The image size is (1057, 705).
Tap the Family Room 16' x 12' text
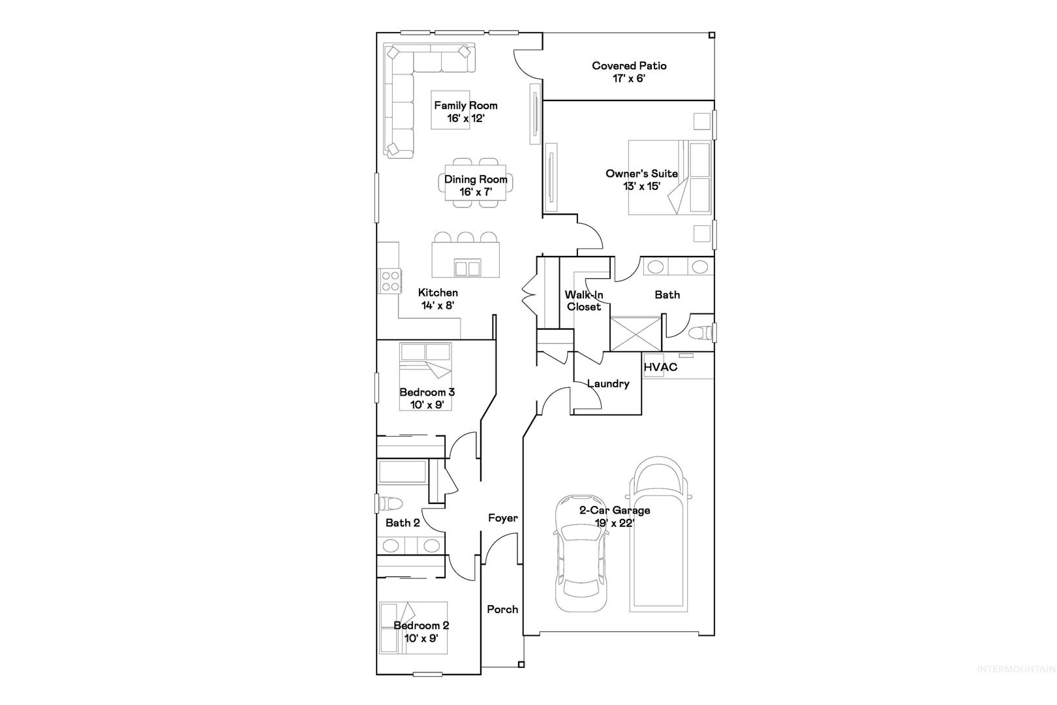pos(466,112)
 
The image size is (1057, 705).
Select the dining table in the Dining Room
pos(475,183)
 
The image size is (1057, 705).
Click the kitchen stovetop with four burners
pos(390,281)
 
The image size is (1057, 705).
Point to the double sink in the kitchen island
pos(467,268)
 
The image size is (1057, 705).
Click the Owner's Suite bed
pos(669,178)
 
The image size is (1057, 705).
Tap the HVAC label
pos(660,367)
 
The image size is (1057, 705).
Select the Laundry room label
pos(608,383)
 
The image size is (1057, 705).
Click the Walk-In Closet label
pos(584,301)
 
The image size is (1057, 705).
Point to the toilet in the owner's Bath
pos(700,333)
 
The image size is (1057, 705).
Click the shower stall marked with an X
pos(636,334)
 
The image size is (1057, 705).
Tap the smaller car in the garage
pos(580,554)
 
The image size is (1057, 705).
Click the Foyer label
pos(502,518)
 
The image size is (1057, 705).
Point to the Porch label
pos(502,609)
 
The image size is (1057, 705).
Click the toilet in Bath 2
pos(390,503)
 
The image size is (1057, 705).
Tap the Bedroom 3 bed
pos(425,377)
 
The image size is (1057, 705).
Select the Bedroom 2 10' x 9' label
pos(421,632)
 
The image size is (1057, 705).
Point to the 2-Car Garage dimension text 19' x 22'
pos(615,523)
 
